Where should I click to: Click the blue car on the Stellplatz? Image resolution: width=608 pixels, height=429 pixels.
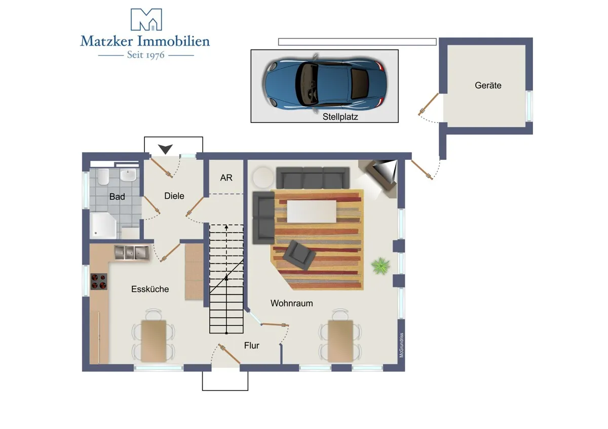click(x=324, y=82)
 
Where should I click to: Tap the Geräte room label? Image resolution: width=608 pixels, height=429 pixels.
click(x=488, y=85)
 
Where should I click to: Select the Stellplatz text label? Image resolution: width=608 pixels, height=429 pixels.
click(x=340, y=117)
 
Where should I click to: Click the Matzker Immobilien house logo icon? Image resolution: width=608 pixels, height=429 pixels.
click(x=146, y=20)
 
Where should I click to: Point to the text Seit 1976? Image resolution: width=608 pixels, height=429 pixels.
click(x=146, y=55)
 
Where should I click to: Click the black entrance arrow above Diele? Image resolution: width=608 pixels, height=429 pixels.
click(x=165, y=149)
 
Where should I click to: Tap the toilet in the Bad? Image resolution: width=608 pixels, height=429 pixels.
click(x=103, y=176)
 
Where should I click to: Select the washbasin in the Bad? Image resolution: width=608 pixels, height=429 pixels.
click(x=128, y=175)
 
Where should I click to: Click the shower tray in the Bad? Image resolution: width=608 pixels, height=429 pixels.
click(x=103, y=226)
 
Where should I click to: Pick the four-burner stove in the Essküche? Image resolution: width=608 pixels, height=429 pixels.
click(x=99, y=281)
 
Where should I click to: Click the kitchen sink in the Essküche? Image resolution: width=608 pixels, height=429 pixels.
click(x=132, y=253)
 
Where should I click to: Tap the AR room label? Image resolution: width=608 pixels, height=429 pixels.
click(x=226, y=178)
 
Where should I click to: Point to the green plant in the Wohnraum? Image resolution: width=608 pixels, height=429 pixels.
click(x=381, y=266)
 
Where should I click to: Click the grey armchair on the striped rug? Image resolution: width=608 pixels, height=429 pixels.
click(x=299, y=255)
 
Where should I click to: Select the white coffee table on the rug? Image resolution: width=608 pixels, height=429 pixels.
click(x=312, y=211)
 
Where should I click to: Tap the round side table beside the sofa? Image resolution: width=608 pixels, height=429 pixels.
click(x=263, y=177)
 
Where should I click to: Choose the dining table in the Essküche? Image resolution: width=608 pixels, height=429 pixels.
click(x=154, y=341)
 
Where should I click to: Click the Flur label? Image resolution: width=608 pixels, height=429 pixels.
click(x=252, y=346)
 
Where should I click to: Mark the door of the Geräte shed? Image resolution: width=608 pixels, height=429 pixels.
click(x=428, y=104)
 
